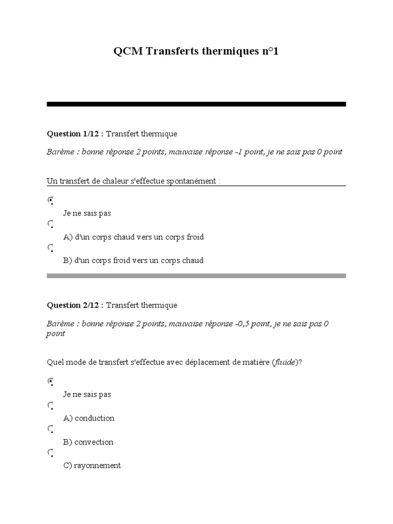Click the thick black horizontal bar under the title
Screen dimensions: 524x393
[196, 104]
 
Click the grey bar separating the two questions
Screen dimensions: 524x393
[196, 275]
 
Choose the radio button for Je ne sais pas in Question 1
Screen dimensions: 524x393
[50, 200]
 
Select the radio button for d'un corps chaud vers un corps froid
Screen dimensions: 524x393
[50, 224]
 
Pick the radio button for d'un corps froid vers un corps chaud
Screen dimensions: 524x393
[50, 248]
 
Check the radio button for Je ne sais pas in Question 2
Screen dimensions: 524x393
[50, 381]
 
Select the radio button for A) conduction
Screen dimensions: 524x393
[50, 405]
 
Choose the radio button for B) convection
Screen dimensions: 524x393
[50, 429]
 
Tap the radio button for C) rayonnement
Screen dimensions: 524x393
[50, 453]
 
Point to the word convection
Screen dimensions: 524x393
[94, 442]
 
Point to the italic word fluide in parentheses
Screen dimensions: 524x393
[285, 362]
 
